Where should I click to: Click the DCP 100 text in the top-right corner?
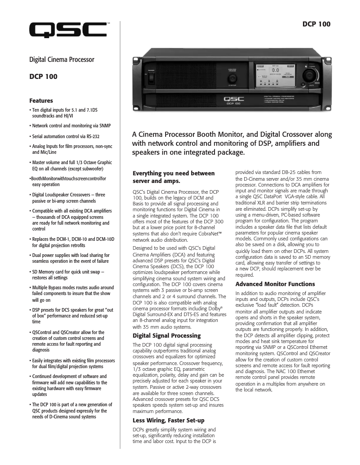pyautogui.click(x=316, y=24)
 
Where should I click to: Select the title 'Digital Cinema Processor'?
pyautogui.click(x=61, y=59)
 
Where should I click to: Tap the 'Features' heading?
pyautogui.click(x=41, y=100)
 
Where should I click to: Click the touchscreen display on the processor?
pyautogui.click(x=274, y=75)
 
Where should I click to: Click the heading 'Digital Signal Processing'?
pyautogui.click(x=167, y=335)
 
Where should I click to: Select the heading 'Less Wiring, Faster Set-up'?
pyautogui.click(x=168, y=420)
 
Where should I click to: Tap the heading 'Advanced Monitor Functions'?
pyautogui.click(x=275, y=284)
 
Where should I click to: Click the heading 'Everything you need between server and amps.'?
pyautogui.click(x=174, y=177)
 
